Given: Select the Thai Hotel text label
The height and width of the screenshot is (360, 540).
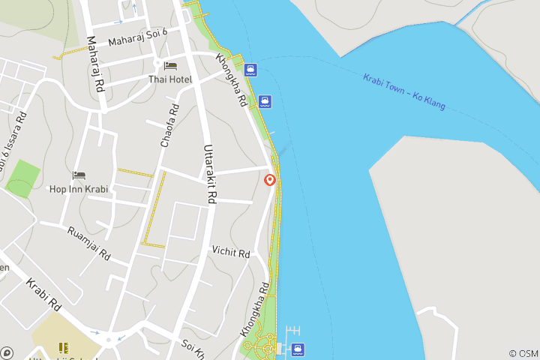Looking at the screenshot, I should pyautogui.click(x=170, y=79).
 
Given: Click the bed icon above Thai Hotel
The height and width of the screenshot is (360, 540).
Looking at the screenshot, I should pyautogui.click(x=170, y=67).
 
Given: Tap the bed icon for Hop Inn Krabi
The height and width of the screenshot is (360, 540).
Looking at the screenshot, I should pyautogui.click(x=79, y=175).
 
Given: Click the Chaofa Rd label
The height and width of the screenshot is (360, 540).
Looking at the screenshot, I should pyautogui.click(x=169, y=125).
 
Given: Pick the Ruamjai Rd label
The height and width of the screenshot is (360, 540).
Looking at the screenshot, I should pyautogui.click(x=88, y=243).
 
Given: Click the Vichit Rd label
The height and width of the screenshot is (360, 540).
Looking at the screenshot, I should pyautogui.click(x=230, y=252).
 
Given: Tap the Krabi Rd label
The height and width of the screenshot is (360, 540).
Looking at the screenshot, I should pyautogui.click(x=43, y=295).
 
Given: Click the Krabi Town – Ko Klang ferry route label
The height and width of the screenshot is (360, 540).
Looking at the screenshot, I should pyautogui.click(x=403, y=91).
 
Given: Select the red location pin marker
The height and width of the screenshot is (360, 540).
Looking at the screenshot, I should pyautogui.click(x=270, y=180).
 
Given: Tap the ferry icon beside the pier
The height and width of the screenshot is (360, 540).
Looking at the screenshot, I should pyautogui.click(x=298, y=349).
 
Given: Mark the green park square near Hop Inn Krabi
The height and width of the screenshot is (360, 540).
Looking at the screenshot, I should pyautogui.click(x=23, y=178).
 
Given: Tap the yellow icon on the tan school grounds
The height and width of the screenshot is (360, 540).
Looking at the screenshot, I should pyautogui.click(x=64, y=348).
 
